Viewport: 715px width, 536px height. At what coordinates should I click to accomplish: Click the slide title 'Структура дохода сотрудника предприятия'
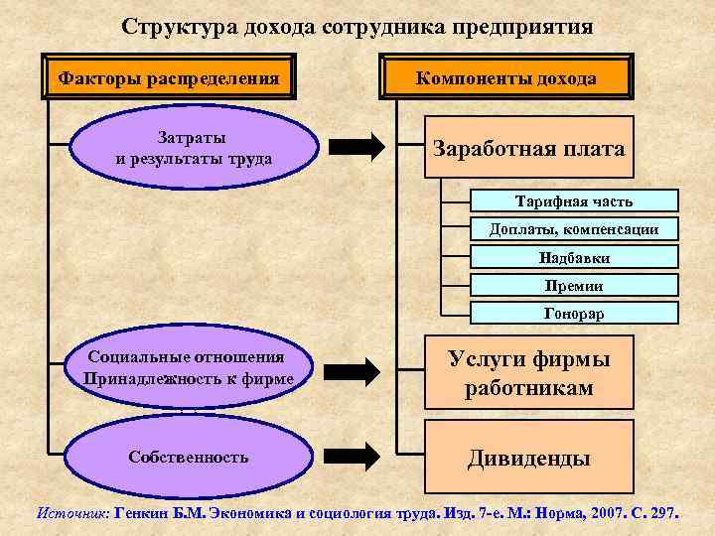click(357, 27)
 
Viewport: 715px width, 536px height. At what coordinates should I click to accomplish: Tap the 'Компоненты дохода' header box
click(506, 78)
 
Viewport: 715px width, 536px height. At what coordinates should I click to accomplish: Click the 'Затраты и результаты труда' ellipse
click(194, 147)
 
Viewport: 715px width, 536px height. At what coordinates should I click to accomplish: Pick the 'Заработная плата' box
click(529, 149)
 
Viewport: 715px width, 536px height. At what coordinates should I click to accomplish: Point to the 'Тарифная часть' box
click(573, 201)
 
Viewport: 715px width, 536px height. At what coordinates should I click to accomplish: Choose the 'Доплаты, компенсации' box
click(573, 229)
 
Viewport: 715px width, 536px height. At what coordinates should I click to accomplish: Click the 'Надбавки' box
click(573, 257)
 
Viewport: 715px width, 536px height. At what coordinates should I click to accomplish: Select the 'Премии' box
click(573, 285)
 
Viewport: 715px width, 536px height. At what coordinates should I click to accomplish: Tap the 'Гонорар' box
click(573, 313)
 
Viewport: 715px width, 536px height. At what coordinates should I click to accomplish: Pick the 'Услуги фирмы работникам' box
click(529, 372)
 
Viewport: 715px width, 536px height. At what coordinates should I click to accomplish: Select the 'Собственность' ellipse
click(189, 457)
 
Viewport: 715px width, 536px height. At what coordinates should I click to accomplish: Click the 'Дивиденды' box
click(529, 458)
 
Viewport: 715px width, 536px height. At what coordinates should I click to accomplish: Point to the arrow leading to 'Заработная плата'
click(356, 147)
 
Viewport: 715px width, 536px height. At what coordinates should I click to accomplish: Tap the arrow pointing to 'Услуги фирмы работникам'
click(356, 370)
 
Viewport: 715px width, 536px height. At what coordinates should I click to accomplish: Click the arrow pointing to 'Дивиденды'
click(356, 457)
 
